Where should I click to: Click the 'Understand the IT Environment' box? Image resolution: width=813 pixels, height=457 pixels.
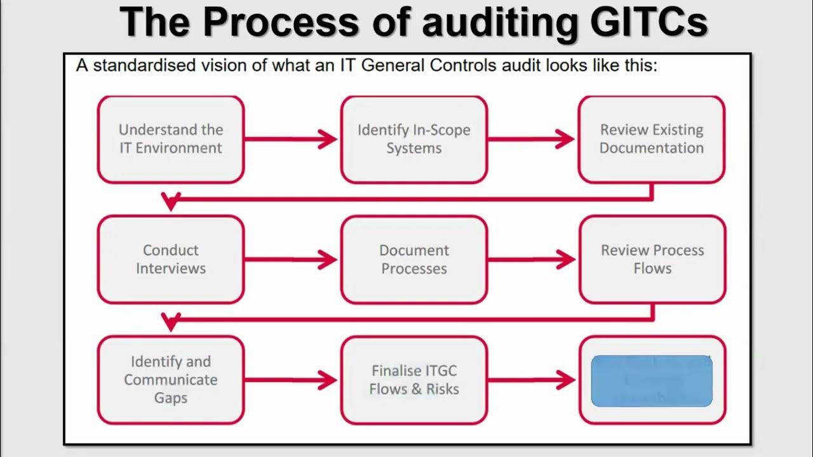170,139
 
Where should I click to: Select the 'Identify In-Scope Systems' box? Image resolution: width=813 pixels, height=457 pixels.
413,139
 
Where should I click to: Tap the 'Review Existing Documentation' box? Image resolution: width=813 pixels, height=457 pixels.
651,139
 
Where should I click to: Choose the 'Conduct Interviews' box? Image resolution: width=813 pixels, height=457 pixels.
170,259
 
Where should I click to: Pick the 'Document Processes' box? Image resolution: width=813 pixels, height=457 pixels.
413,259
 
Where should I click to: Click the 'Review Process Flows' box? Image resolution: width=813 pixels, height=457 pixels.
652,259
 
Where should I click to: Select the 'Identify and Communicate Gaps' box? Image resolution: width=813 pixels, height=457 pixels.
170,380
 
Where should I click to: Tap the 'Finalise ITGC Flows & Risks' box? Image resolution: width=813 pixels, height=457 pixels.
413,380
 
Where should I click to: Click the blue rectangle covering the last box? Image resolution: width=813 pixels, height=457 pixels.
651,381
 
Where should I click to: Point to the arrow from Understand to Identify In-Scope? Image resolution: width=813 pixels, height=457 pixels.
291,139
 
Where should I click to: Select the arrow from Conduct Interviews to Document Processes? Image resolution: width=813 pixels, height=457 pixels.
291,259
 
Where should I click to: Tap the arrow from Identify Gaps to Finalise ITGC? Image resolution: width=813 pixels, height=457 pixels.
291,380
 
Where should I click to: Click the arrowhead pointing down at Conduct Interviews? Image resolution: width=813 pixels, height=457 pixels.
170,202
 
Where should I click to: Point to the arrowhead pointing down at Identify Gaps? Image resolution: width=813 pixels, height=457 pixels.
170,322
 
